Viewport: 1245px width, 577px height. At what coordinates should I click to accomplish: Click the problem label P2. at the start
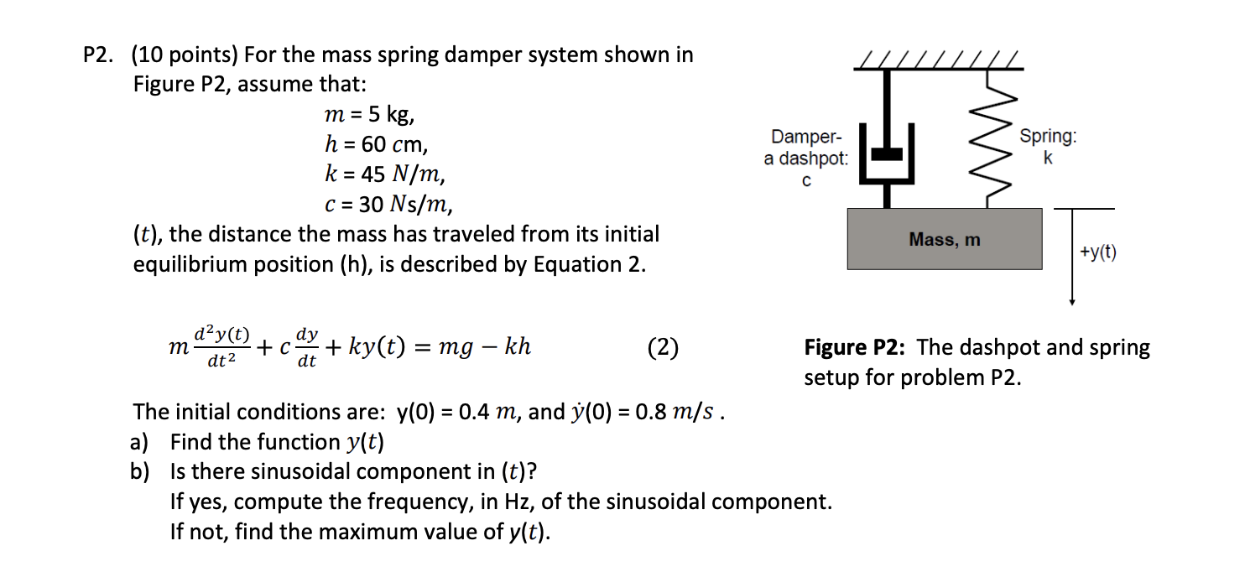pos(102,55)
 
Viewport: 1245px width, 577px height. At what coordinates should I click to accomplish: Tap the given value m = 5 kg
pos(368,114)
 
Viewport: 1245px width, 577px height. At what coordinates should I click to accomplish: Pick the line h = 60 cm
pos(376,144)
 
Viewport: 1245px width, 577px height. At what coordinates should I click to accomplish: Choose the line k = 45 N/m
pos(384,174)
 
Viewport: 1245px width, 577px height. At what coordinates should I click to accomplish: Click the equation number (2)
pos(663,347)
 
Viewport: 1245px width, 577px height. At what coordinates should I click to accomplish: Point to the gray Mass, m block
pos(944,239)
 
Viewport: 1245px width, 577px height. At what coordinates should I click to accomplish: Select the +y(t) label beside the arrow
pos(1097,252)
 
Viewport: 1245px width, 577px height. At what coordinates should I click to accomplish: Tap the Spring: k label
pos(1048,146)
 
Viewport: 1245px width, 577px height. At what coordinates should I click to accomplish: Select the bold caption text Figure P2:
pos(855,347)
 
